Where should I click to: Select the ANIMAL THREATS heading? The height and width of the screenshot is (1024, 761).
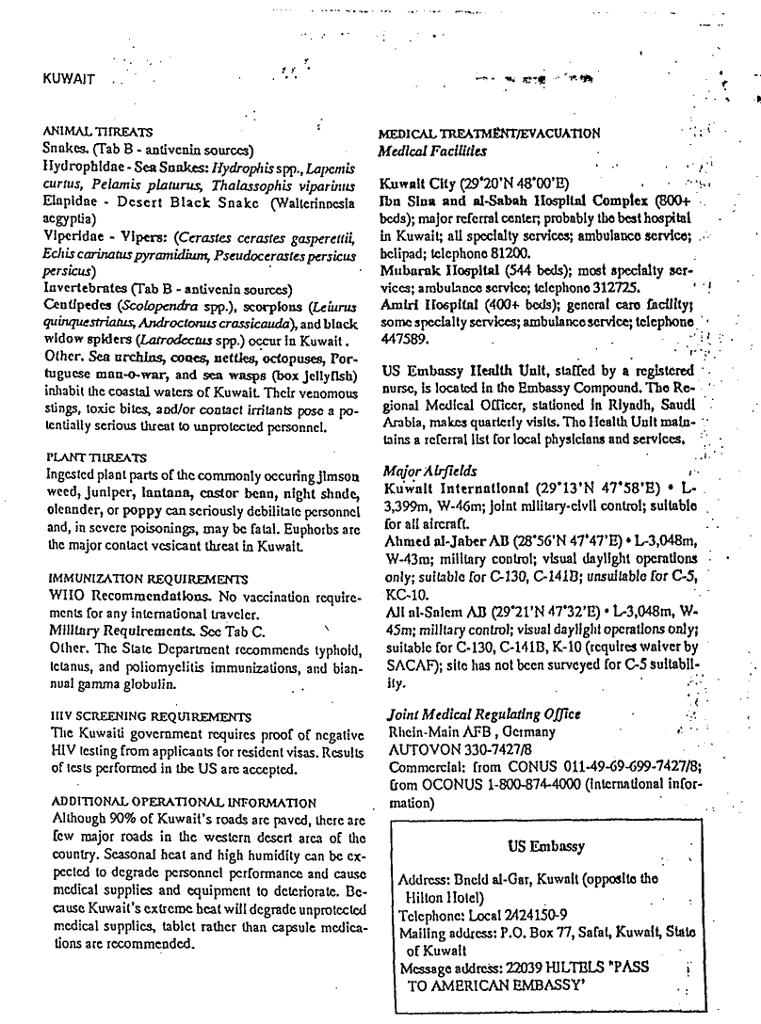click(x=97, y=132)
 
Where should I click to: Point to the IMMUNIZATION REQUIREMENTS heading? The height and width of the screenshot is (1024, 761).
click(x=146, y=580)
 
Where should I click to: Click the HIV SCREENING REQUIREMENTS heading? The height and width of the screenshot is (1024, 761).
click(x=138, y=716)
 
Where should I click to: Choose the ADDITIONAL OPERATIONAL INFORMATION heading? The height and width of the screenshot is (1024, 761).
click(x=179, y=803)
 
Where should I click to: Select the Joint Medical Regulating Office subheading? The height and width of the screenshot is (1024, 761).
click(x=484, y=714)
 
